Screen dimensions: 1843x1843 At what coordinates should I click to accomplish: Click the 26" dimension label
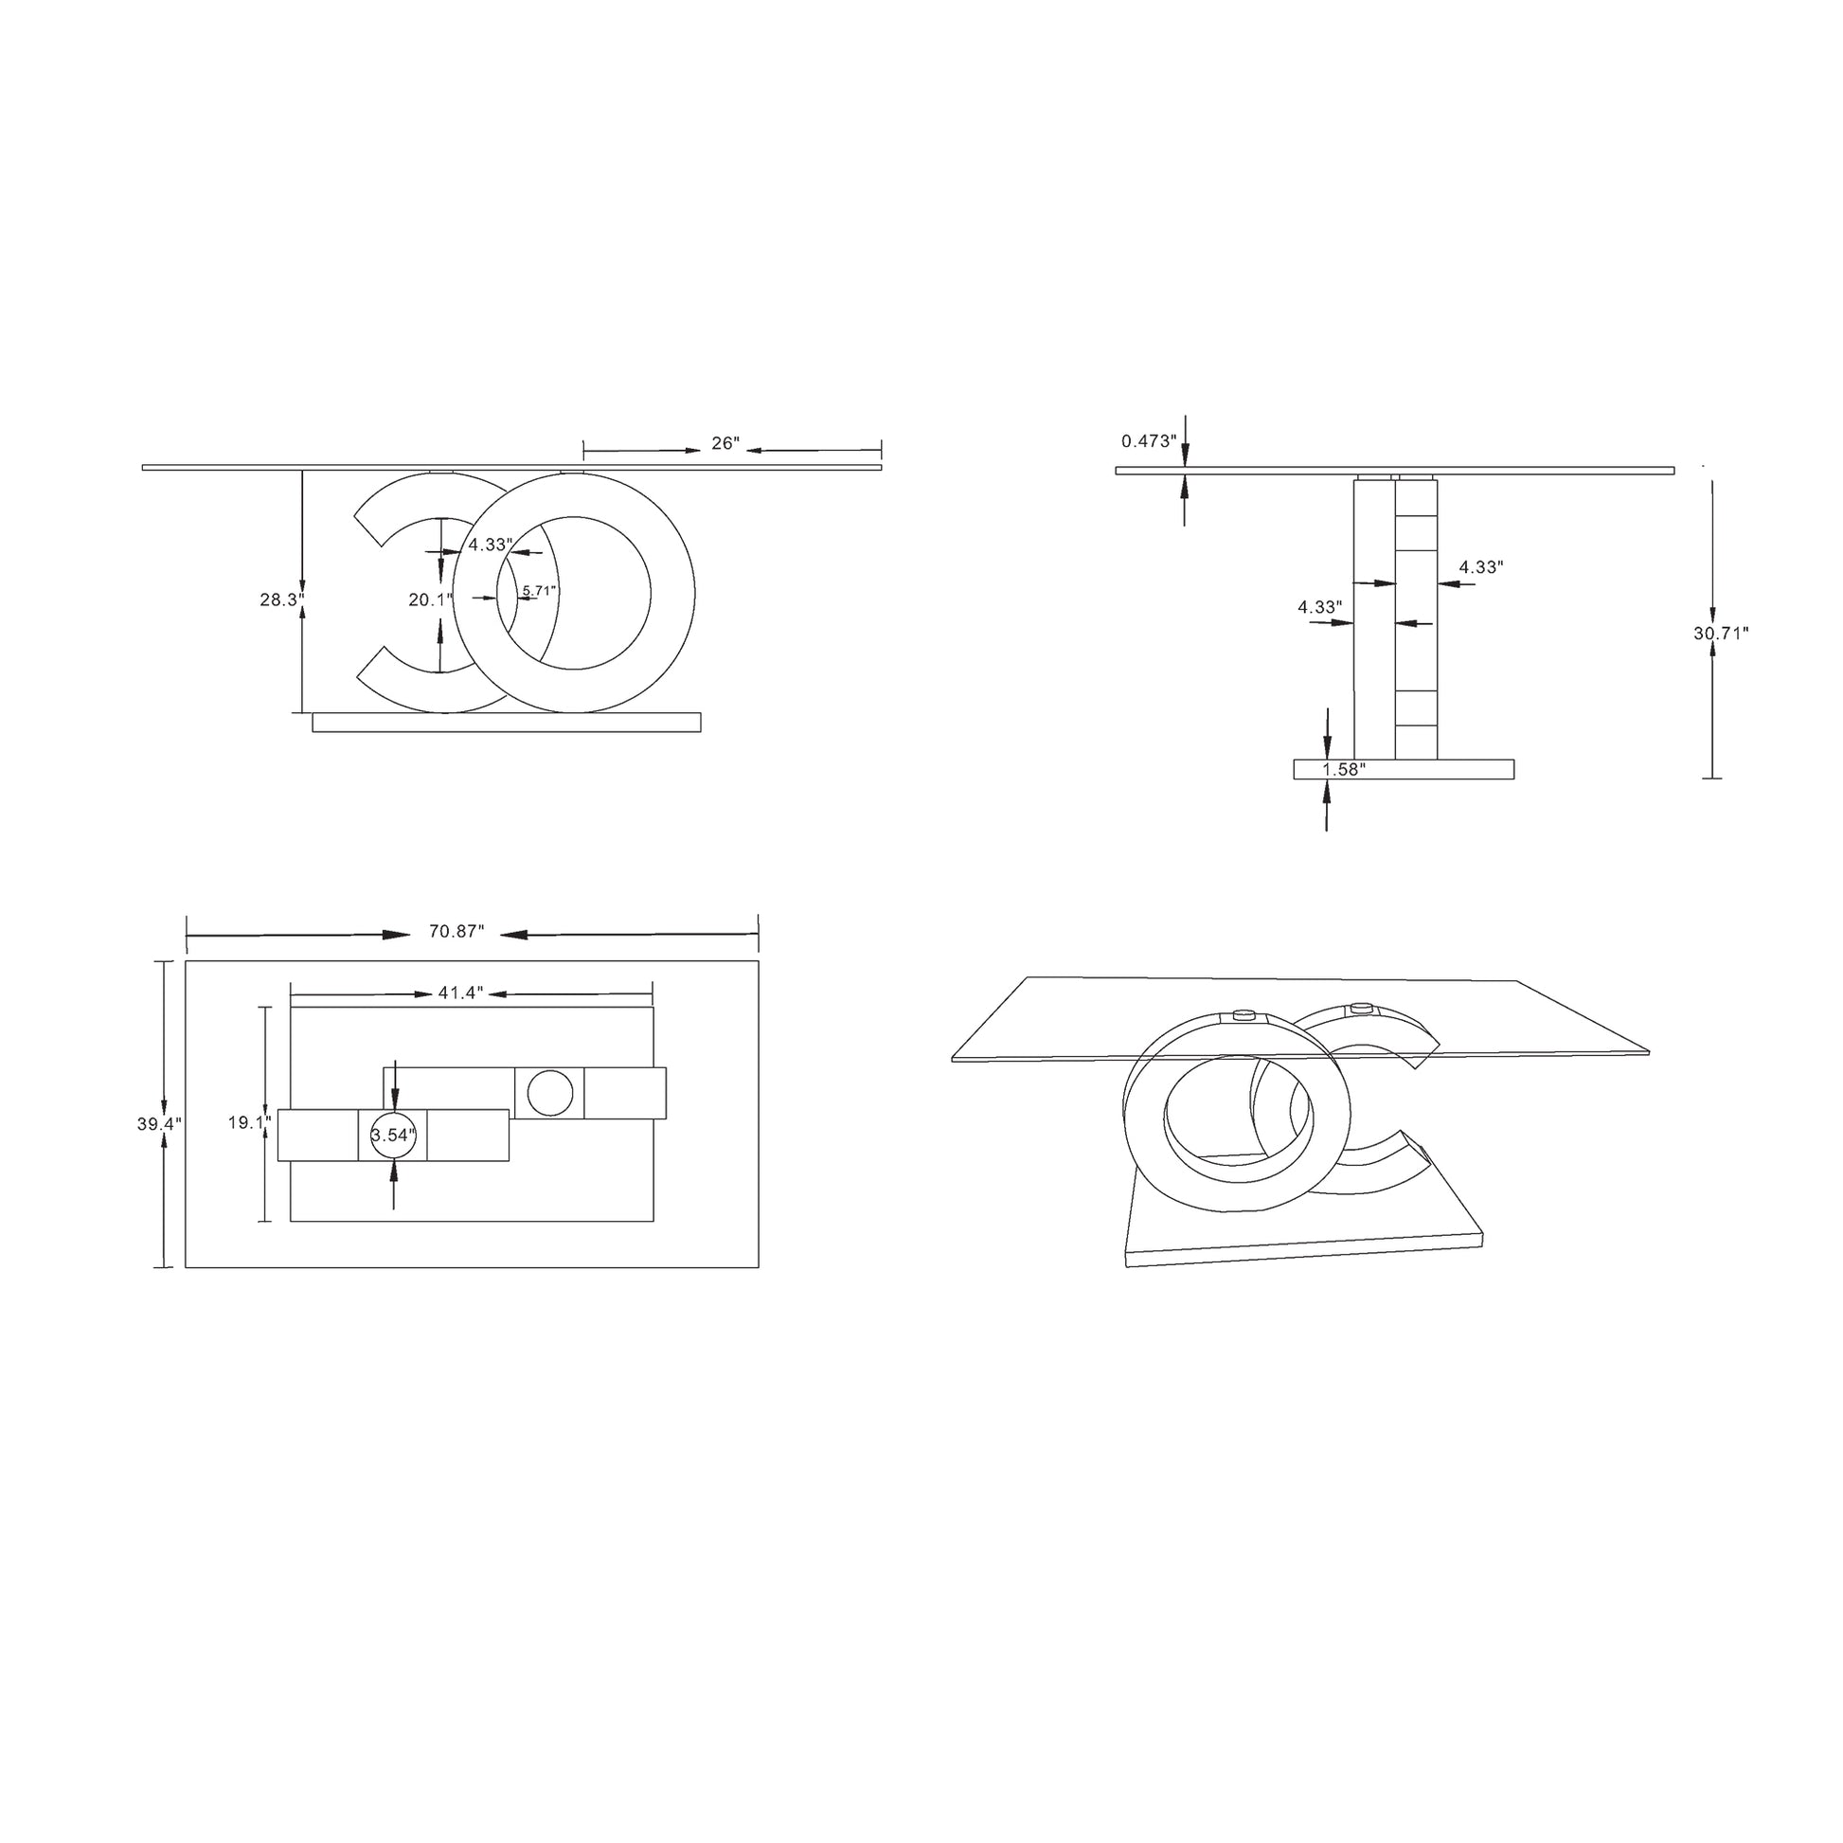pos(725,443)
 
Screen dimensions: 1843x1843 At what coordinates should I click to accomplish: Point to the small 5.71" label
pos(539,590)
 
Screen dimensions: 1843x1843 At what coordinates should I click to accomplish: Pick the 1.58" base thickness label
pos(1342,769)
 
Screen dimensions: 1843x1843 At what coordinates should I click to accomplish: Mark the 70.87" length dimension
pos(456,932)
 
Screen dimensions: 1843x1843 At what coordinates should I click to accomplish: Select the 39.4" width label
pos(159,1125)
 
